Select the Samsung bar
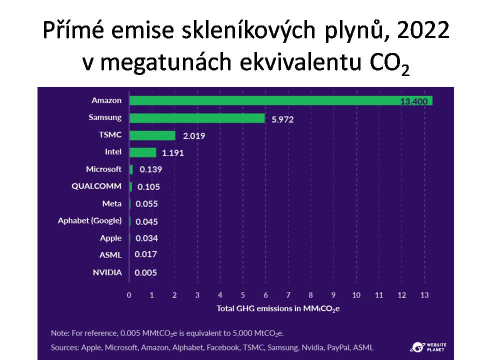click(x=197, y=118)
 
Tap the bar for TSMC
click(x=152, y=135)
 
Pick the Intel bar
click(x=142, y=152)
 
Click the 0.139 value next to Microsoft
click(x=150, y=169)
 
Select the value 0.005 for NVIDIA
click(x=146, y=272)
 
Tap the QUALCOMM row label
click(x=96, y=186)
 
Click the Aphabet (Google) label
click(x=89, y=220)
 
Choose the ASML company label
click(x=110, y=255)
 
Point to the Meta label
click(x=111, y=203)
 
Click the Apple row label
click(x=110, y=238)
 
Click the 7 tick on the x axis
click(x=288, y=295)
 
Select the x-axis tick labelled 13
click(x=424, y=295)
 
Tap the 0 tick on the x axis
click(x=129, y=295)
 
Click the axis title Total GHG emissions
click(x=278, y=308)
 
